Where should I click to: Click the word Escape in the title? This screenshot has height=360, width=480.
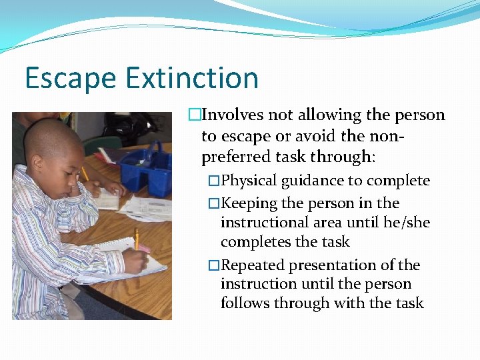71,78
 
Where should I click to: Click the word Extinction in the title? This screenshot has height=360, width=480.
191,78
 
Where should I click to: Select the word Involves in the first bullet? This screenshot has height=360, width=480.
233,115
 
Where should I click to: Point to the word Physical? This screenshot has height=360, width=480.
249,181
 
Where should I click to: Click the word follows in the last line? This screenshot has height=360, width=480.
244,303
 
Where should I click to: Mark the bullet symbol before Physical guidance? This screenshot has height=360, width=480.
213,181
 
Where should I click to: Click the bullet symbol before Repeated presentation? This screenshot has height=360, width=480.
213,265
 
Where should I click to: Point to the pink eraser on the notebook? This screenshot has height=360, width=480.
143,249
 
